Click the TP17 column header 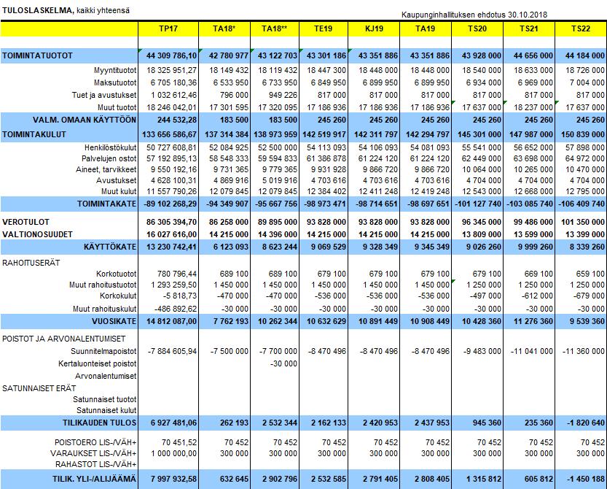click(x=168, y=28)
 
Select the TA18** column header click(x=275, y=28)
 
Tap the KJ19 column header click(x=374, y=28)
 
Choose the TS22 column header click(x=581, y=28)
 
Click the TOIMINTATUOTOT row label click(x=37, y=56)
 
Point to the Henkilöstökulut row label click(x=111, y=147)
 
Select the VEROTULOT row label click(x=26, y=222)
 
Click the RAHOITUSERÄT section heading click(x=31, y=263)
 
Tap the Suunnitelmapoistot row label click(x=103, y=351)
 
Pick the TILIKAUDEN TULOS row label click(x=100, y=423)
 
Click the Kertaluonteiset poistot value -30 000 click(x=283, y=363)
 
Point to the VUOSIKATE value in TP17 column click(x=171, y=321)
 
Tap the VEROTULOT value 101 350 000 click(x=583, y=222)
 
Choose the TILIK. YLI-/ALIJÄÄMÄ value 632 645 click(x=234, y=480)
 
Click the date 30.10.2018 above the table click(x=528, y=15)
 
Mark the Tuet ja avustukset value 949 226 click(x=283, y=95)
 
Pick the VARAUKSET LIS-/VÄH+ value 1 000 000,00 click(x=174, y=453)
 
